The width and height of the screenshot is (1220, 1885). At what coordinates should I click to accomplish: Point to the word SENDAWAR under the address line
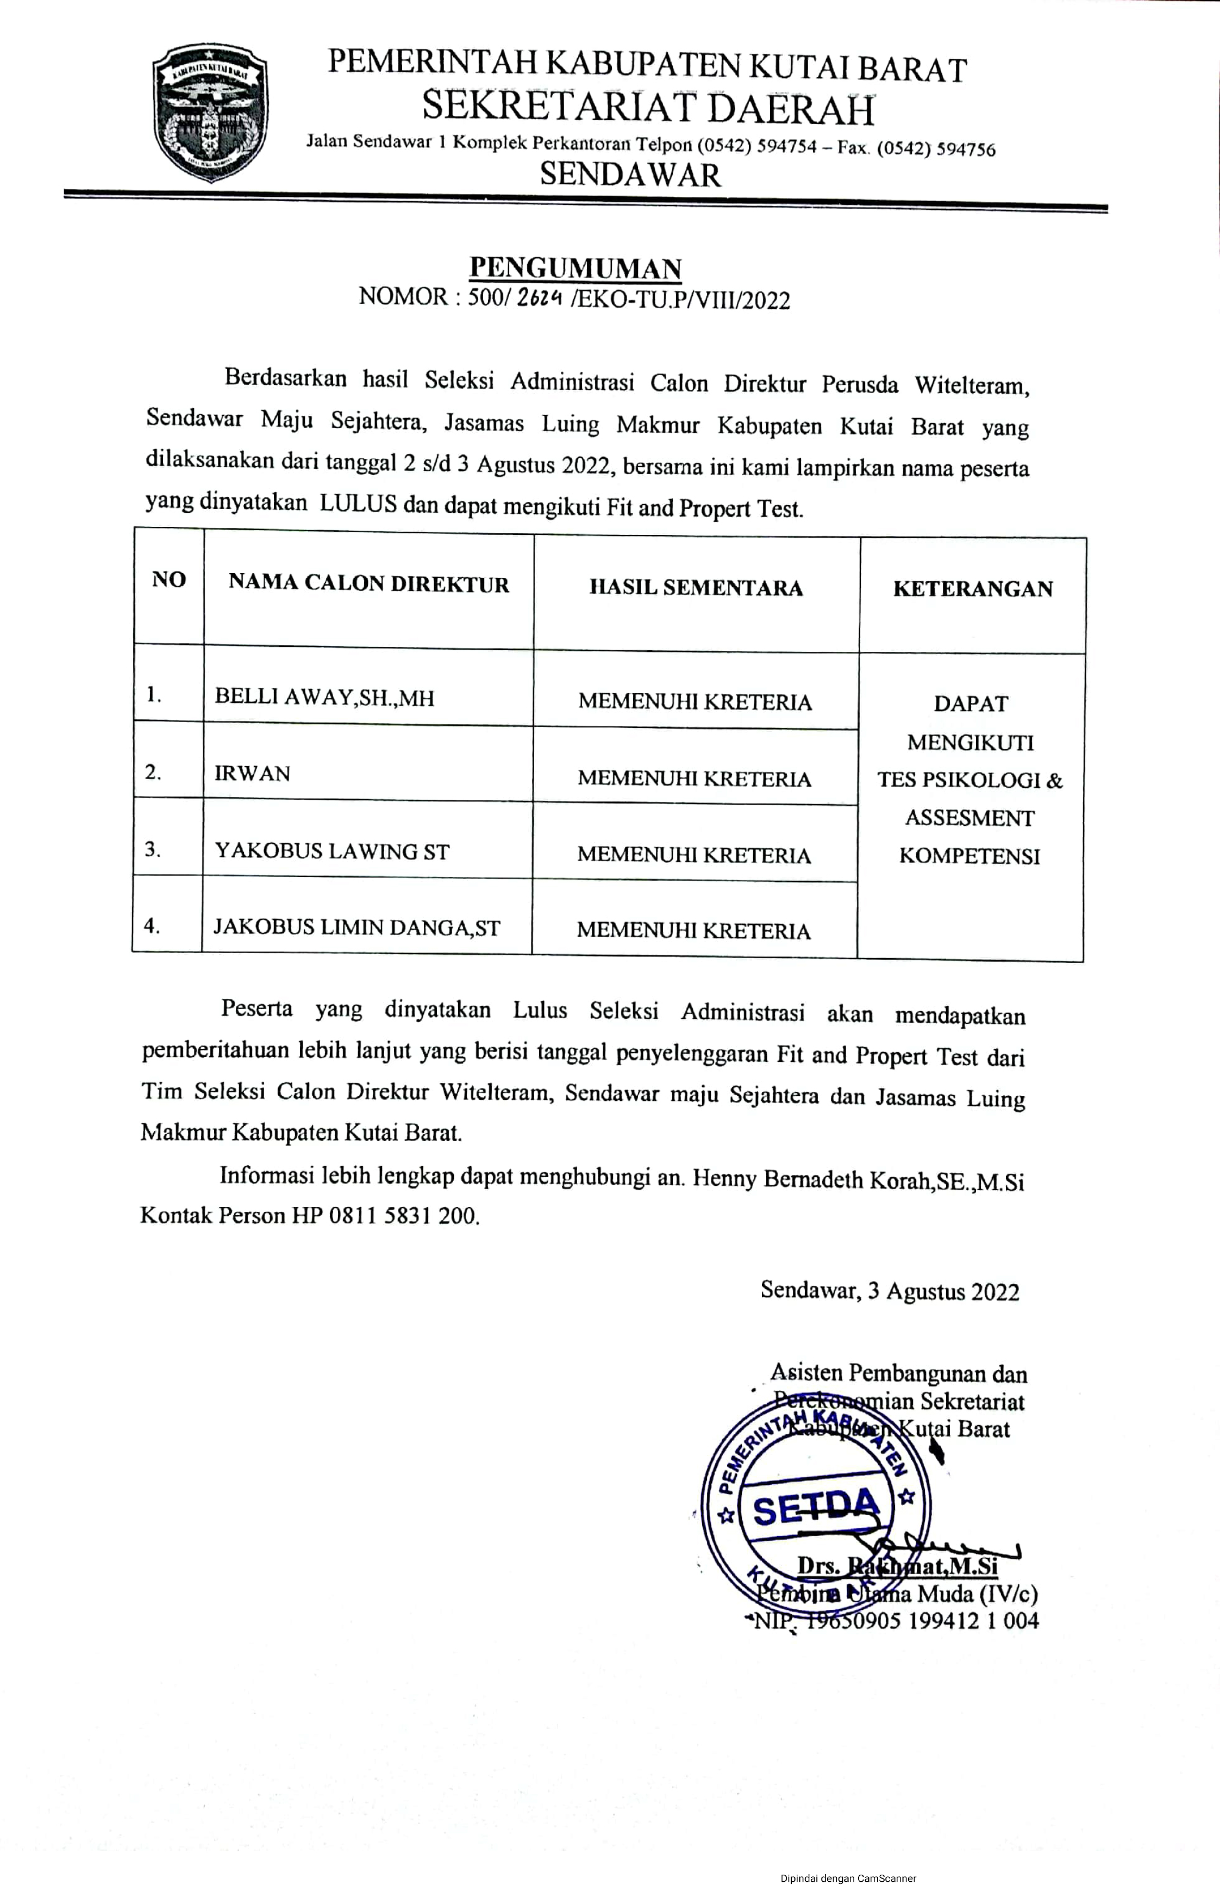pyautogui.click(x=630, y=174)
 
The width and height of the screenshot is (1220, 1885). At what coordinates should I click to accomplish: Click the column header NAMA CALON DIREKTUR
pyautogui.click(x=368, y=584)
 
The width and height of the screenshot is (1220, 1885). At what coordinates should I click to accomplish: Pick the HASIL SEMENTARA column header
pyautogui.click(x=696, y=588)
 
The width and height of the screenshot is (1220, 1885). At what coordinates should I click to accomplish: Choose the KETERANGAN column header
pyautogui.click(x=972, y=588)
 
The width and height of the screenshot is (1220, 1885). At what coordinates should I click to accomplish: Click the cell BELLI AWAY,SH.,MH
pyautogui.click(x=324, y=697)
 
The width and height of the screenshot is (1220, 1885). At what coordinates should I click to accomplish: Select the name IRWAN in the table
pyautogui.click(x=252, y=773)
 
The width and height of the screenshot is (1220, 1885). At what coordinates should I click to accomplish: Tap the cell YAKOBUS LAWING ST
pyautogui.click(x=331, y=851)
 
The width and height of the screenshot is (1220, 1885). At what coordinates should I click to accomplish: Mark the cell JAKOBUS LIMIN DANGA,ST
pyautogui.click(x=356, y=926)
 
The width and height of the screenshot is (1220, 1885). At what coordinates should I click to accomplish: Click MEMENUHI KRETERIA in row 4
pyautogui.click(x=693, y=931)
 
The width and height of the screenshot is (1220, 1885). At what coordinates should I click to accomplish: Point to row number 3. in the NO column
pyautogui.click(x=153, y=850)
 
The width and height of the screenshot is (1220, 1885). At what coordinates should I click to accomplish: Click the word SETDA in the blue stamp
pyautogui.click(x=816, y=1507)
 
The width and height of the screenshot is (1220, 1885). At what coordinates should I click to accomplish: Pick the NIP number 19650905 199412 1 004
pyautogui.click(x=922, y=1620)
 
